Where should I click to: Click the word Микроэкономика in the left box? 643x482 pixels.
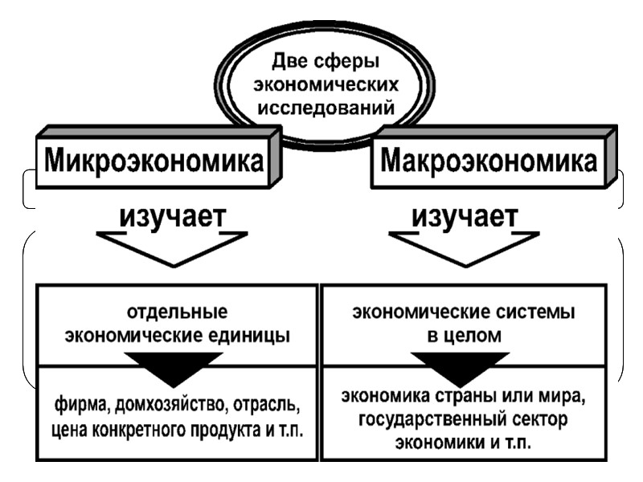pyautogui.click(x=154, y=161)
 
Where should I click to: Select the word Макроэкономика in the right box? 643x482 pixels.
pyautogui.click(x=489, y=161)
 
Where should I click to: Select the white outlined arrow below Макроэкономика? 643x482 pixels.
pyautogui.click(x=465, y=245)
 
